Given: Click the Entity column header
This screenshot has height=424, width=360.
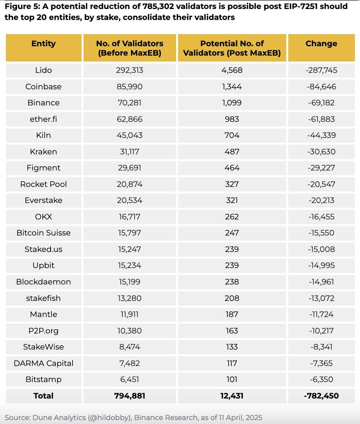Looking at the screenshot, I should [x=44, y=43].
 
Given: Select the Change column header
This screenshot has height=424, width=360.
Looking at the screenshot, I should [x=321, y=43].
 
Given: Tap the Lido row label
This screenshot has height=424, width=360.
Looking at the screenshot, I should [x=44, y=70].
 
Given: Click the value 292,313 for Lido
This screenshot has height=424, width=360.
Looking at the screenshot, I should [x=130, y=70].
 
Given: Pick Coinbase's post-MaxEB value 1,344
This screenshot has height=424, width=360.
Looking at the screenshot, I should [x=232, y=87].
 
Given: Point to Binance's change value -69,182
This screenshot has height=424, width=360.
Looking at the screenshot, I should [x=321, y=103].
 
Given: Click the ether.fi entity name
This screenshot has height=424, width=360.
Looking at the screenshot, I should [x=44, y=119].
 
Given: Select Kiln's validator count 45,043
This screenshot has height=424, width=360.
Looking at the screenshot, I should [x=130, y=135].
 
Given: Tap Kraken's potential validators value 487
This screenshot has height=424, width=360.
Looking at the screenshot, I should [x=232, y=152].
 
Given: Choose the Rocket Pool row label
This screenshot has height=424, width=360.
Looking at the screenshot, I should [x=44, y=184].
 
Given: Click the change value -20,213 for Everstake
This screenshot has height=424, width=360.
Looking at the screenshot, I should [x=321, y=200].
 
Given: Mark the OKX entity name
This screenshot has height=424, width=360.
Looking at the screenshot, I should [x=44, y=217].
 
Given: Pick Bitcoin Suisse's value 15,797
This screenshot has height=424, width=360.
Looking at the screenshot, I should [x=130, y=233].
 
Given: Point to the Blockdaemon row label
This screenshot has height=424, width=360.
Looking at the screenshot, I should [x=44, y=282].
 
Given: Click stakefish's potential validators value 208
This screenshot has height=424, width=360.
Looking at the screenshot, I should [x=232, y=298].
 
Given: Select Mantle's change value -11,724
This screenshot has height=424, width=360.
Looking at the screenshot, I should [x=321, y=314].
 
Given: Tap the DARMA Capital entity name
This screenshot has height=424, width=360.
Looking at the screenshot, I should [x=44, y=363].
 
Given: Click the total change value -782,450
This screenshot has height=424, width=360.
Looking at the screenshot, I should [x=321, y=396].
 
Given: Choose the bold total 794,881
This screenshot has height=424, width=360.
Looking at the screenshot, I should [x=130, y=396].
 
